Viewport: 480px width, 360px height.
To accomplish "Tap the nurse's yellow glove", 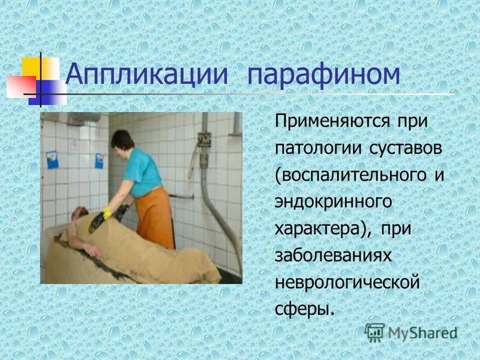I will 107,212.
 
